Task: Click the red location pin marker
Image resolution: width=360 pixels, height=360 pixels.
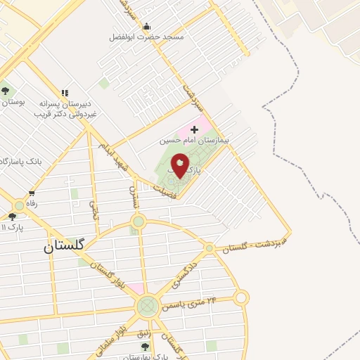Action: [180, 166]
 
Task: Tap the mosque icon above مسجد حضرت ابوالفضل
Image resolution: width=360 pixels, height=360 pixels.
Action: [146, 25]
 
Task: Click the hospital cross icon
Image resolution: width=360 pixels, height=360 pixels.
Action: [194, 129]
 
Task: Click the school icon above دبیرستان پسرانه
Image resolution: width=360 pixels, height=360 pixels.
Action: [65, 93]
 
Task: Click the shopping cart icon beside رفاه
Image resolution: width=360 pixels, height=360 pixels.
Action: [31, 193]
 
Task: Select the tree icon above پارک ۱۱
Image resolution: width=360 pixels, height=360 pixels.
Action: [12, 217]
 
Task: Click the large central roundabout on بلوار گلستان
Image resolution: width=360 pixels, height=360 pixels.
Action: [148, 306]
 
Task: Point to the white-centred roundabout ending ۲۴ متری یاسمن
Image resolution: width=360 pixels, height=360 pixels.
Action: [241, 298]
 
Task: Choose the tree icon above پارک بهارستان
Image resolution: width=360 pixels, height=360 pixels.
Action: [145, 347]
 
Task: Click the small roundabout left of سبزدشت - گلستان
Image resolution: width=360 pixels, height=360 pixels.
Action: [209, 248]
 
